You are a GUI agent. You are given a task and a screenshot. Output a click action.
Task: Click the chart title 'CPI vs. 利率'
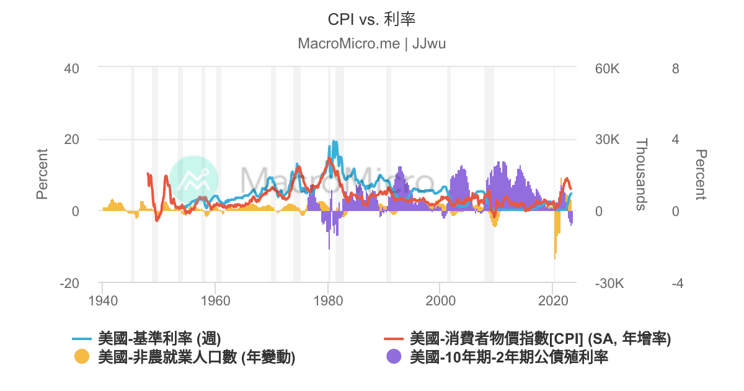click(x=371, y=19)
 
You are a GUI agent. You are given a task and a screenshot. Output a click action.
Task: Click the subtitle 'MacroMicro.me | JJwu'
click(x=371, y=43)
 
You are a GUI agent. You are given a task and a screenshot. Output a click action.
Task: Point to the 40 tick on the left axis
click(x=71, y=68)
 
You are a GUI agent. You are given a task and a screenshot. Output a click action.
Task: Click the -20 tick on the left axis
click(x=69, y=283)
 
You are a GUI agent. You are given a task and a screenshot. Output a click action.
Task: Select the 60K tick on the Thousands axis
click(x=607, y=68)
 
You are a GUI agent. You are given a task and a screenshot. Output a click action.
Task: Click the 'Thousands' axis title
click(x=641, y=174)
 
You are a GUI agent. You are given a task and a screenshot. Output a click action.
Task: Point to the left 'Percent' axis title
click(x=42, y=174)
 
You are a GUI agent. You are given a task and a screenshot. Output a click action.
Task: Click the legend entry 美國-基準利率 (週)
click(x=159, y=339)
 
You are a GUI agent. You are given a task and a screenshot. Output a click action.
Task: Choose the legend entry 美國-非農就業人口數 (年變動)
click(x=196, y=357)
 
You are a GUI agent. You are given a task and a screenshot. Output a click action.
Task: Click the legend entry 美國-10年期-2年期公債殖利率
click(x=509, y=357)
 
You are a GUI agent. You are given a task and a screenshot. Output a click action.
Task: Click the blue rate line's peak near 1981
click(x=334, y=142)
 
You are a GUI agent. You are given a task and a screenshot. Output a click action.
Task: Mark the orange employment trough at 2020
click(x=555, y=258)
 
